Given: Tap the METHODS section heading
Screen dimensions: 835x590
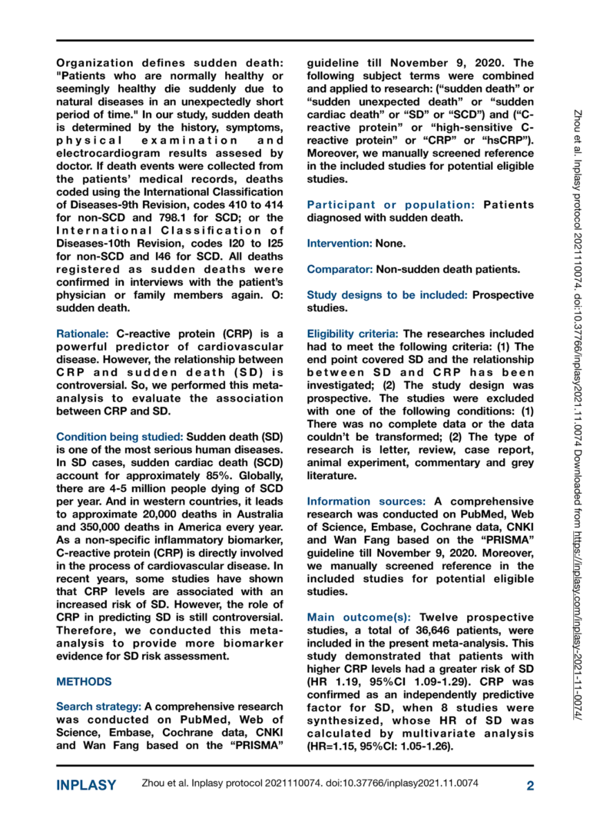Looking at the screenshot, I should pos(85,681).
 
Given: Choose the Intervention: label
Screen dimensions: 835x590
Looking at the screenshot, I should pos(339,242).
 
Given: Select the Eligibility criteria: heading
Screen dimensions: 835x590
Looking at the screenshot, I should pos(353,334).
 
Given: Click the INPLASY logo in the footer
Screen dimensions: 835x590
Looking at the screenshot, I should pos(87,785).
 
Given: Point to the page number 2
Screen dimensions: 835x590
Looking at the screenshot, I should pos(530,785).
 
